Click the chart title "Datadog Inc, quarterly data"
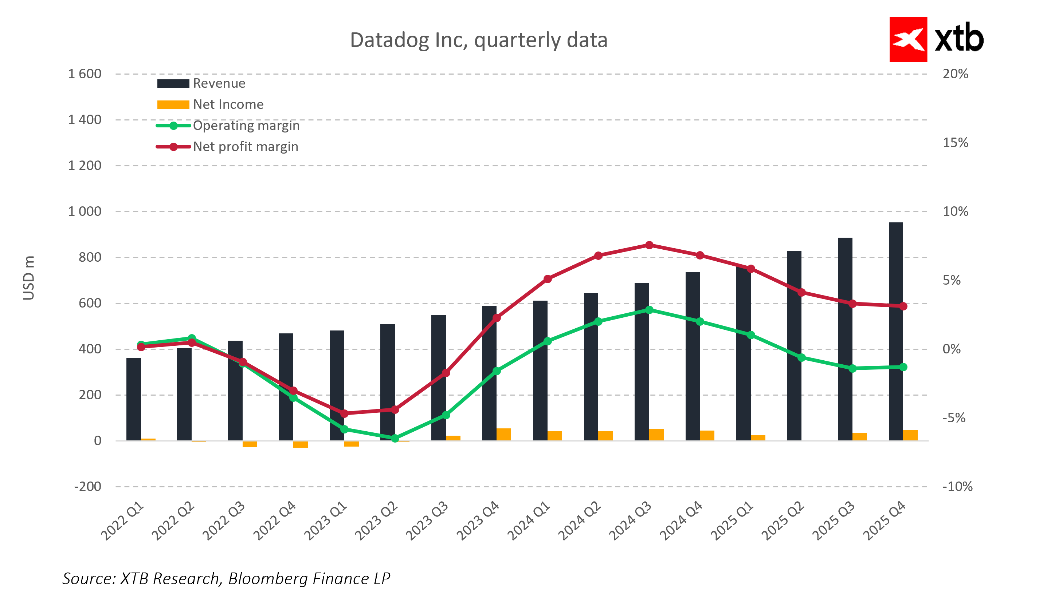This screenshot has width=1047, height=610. coord(479,40)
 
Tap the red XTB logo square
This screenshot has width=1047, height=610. coord(908,39)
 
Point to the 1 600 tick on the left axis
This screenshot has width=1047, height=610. coord(85,74)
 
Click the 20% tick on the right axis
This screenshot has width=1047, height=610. coord(955,74)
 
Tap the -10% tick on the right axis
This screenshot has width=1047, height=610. coord(957,486)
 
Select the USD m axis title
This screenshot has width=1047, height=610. coord(29,278)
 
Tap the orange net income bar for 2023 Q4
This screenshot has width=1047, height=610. coord(504,434)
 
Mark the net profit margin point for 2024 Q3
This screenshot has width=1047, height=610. coord(649,245)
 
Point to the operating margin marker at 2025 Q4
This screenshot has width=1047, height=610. coord(903,367)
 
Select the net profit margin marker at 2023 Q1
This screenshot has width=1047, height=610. coord(344,413)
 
